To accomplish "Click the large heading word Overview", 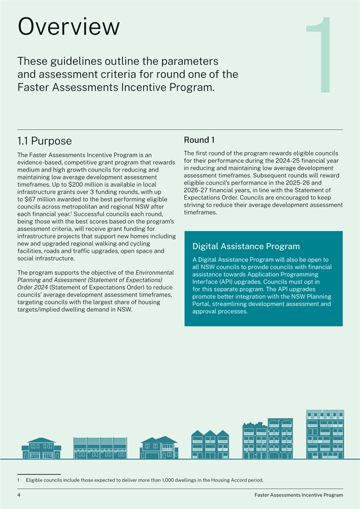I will tap(68, 27).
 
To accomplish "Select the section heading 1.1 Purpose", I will tap(45, 140).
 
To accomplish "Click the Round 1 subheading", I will tap(201, 140).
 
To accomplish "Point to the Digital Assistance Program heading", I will tap(246, 246).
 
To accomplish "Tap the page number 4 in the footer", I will tap(19, 495).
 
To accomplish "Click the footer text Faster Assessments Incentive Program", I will tap(298, 495).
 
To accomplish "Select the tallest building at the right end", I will tap(324, 434).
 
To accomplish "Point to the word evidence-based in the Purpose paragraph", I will tap(41, 162).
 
